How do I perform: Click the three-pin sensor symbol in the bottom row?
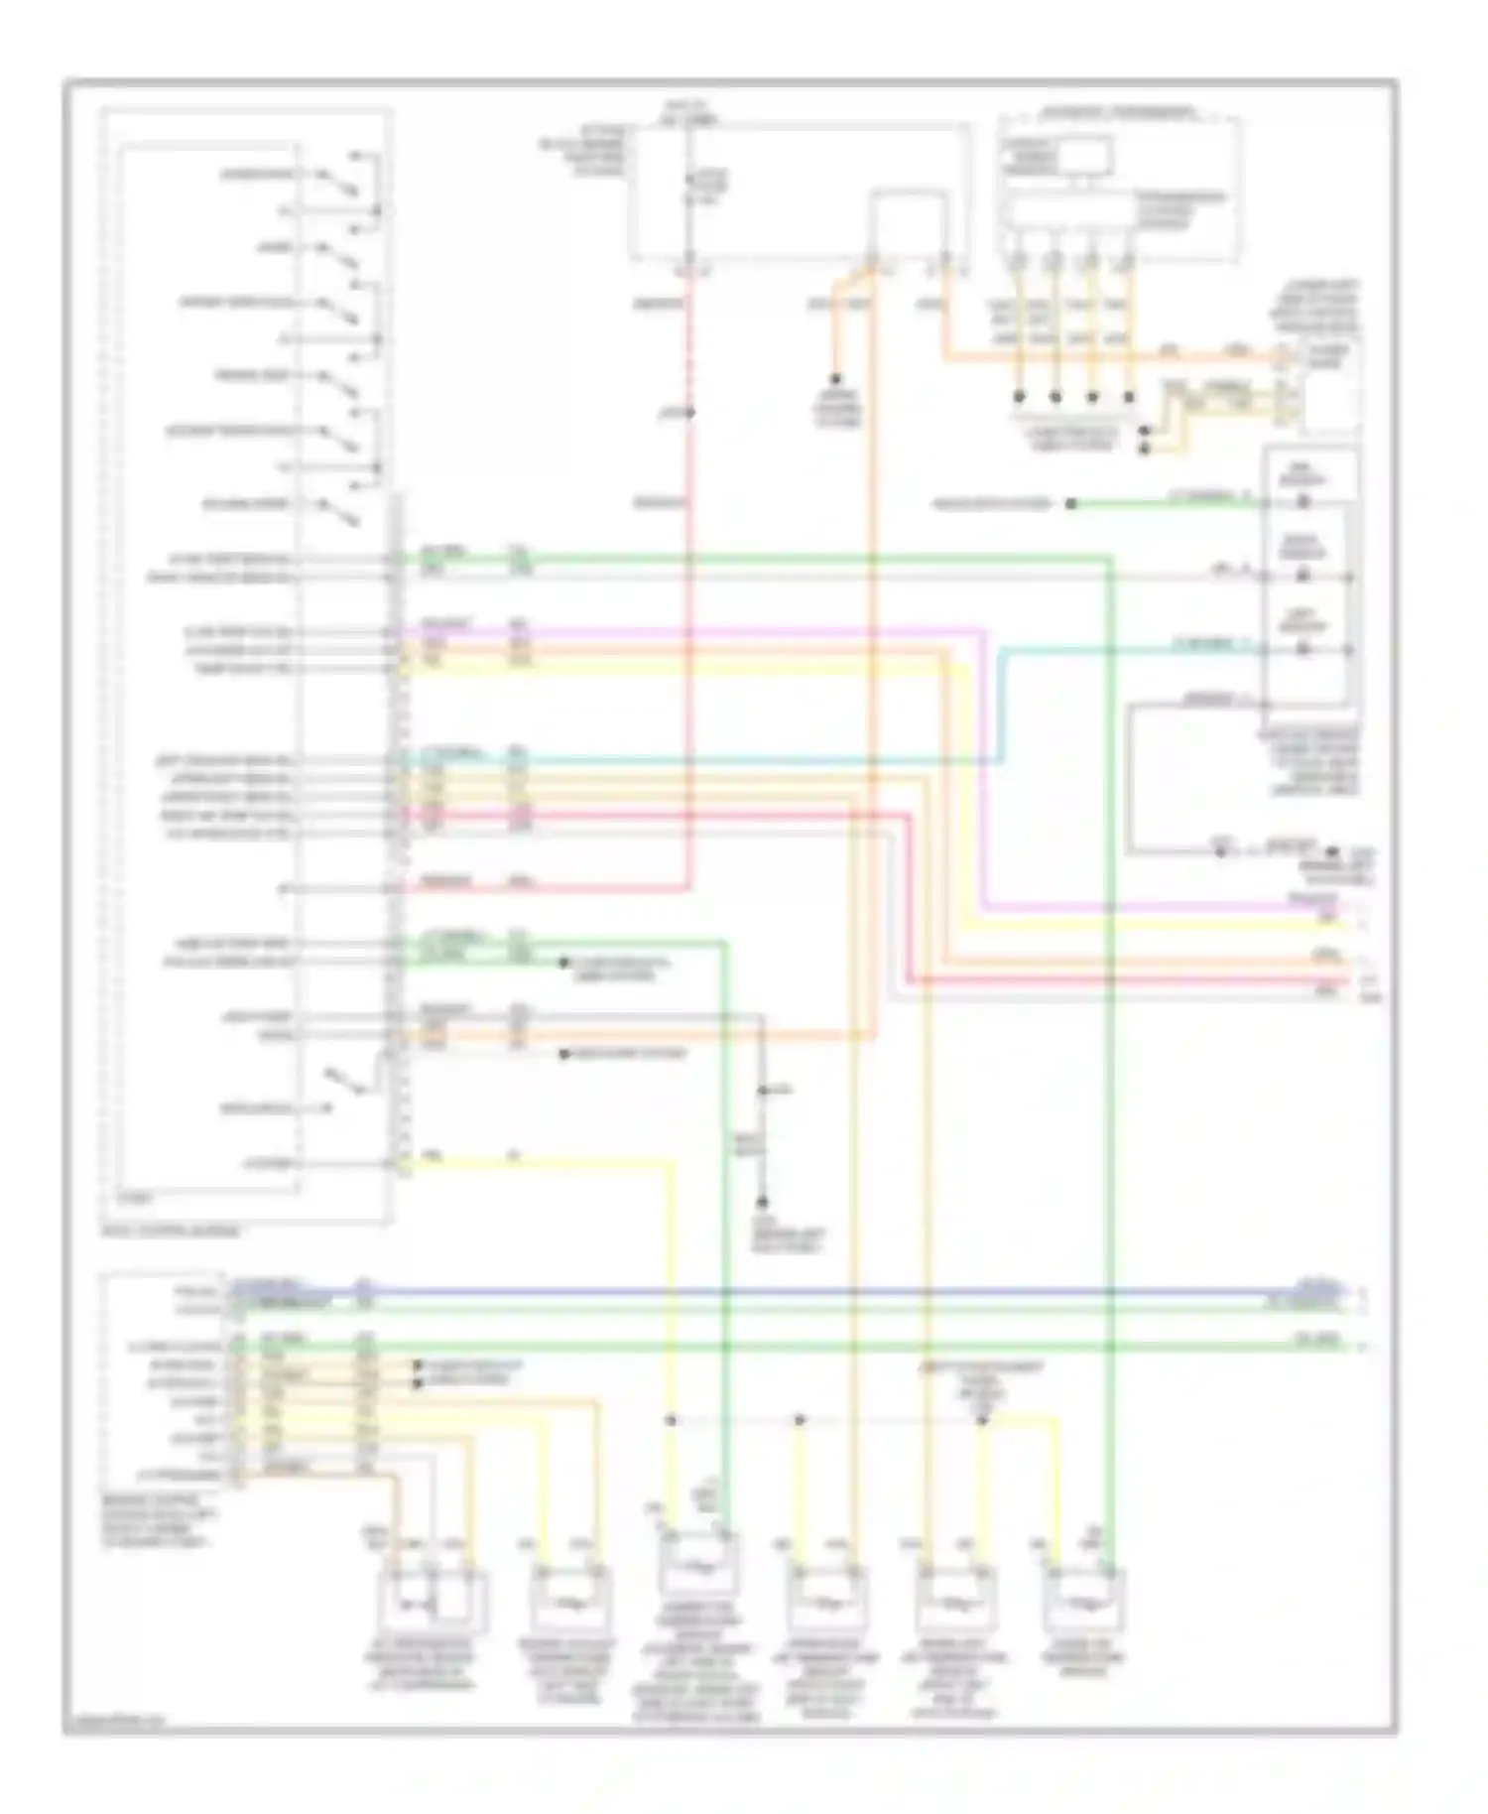coord(430,1600)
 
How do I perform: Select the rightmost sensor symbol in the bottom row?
coord(1083,1600)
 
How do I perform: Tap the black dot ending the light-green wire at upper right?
coord(1071,504)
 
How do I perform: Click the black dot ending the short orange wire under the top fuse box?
coord(836,379)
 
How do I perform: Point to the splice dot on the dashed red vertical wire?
coord(689,412)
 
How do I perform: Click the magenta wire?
coord(694,629)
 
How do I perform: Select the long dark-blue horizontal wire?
coord(794,1292)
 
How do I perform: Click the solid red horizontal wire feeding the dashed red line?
coord(595,885)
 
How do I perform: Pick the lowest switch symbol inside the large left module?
coord(347,1084)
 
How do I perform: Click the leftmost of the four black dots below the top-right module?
coord(1019,397)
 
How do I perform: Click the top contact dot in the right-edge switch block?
coord(1303,503)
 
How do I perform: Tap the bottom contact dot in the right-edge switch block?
coord(1303,650)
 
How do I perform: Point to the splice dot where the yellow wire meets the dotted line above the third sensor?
coord(672,1420)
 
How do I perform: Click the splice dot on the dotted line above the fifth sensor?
coord(982,1420)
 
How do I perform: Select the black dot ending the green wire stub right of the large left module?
coord(562,962)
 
